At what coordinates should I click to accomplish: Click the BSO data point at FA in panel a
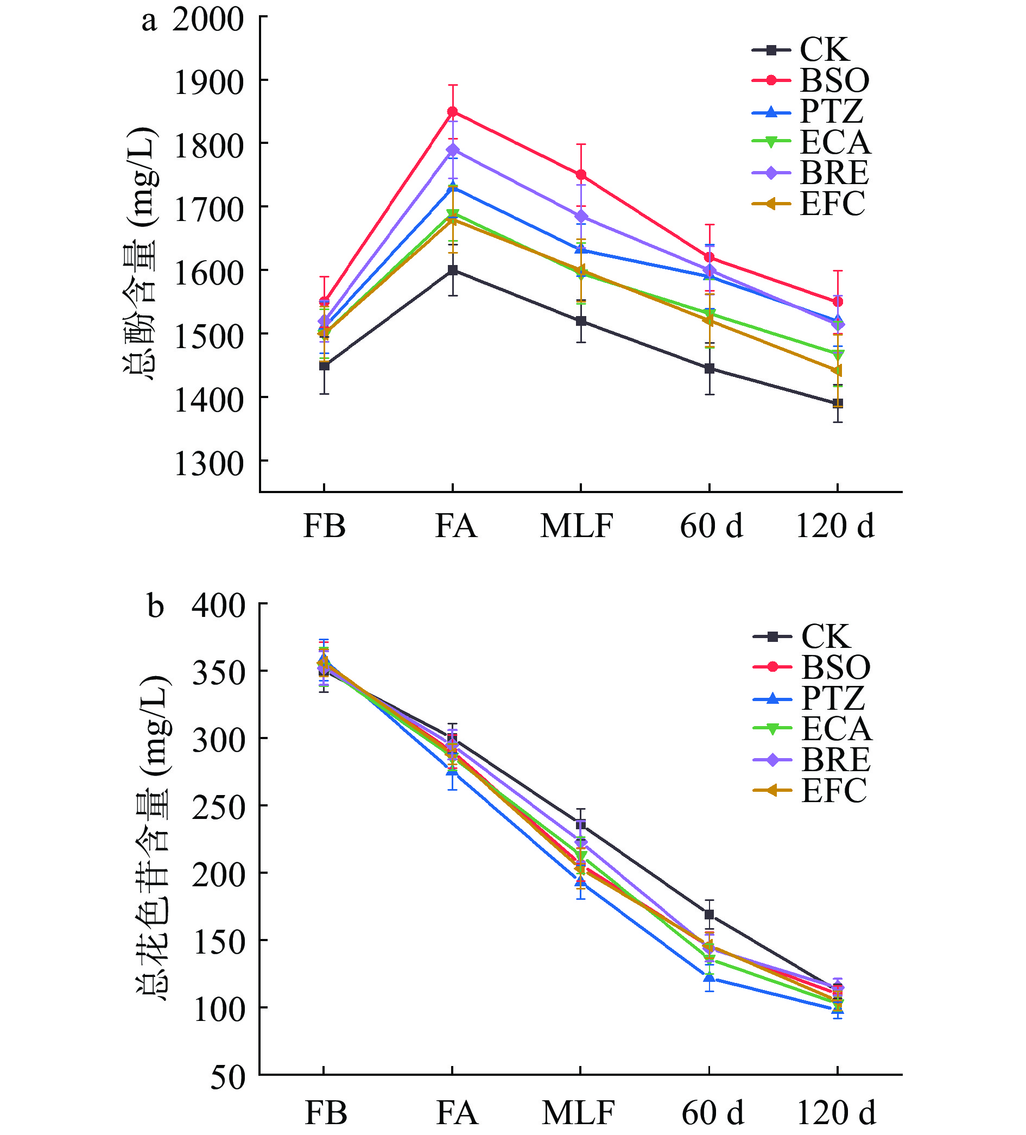(x=453, y=111)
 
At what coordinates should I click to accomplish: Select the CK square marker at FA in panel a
(x=453, y=270)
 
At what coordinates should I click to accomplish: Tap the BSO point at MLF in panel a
(x=581, y=174)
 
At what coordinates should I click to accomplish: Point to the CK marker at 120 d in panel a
(x=838, y=403)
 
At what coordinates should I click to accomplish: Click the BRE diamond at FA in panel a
(x=453, y=150)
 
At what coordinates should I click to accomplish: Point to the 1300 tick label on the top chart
(x=209, y=464)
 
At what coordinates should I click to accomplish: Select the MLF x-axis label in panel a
(x=577, y=526)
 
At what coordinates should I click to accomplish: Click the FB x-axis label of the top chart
(x=324, y=526)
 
